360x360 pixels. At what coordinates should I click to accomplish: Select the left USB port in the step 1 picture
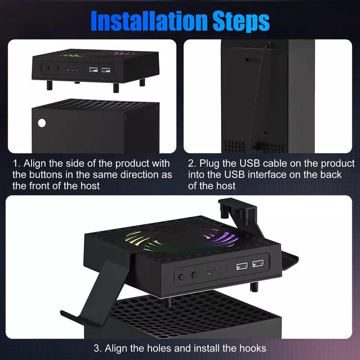(x=94, y=70)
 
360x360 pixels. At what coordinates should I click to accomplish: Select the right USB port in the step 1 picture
(x=106, y=70)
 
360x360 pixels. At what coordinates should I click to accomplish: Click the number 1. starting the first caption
(x=16, y=163)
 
